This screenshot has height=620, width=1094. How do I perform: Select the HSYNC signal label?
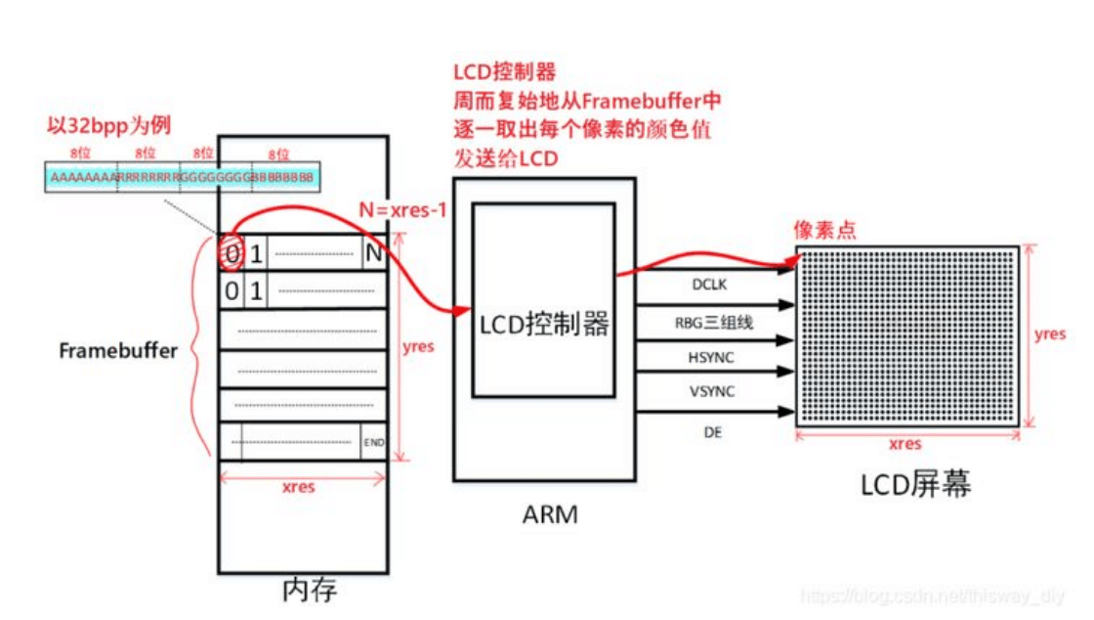pos(712,358)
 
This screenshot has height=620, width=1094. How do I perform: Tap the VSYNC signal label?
pos(712,392)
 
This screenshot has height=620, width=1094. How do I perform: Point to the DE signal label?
pos(713,431)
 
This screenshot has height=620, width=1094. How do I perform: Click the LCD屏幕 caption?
pos(915,484)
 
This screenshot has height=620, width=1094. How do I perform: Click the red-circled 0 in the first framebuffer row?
pos(232,254)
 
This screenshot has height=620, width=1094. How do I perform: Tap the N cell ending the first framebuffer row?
pos(373,254)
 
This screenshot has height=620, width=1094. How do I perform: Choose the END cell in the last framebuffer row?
pos(373,443)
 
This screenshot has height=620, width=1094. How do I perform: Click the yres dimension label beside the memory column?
pos(419,346)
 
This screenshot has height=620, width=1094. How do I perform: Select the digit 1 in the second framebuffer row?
pos(256,290)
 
